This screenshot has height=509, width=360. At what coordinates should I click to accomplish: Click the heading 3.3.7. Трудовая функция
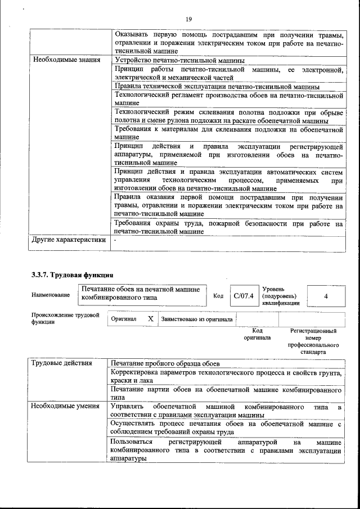tap(73, 275)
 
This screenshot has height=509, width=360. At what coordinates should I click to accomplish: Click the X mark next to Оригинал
tap(150, 319)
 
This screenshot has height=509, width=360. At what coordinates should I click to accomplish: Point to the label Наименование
tap(51, 295)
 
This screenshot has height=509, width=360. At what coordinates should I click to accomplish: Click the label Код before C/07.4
tap(219, 295)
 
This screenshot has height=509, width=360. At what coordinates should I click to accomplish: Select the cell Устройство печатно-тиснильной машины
tap(179, 60)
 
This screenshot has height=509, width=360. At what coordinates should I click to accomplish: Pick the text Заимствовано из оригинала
tap(196, 319)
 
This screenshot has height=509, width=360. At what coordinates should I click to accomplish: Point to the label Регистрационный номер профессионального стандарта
tap(313, 341)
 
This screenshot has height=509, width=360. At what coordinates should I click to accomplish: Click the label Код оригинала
tap(257, 335)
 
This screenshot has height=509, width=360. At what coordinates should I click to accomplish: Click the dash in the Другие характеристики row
tap(115, 240)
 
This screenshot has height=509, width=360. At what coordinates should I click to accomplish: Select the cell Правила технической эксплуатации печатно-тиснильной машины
tap(217, 87)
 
